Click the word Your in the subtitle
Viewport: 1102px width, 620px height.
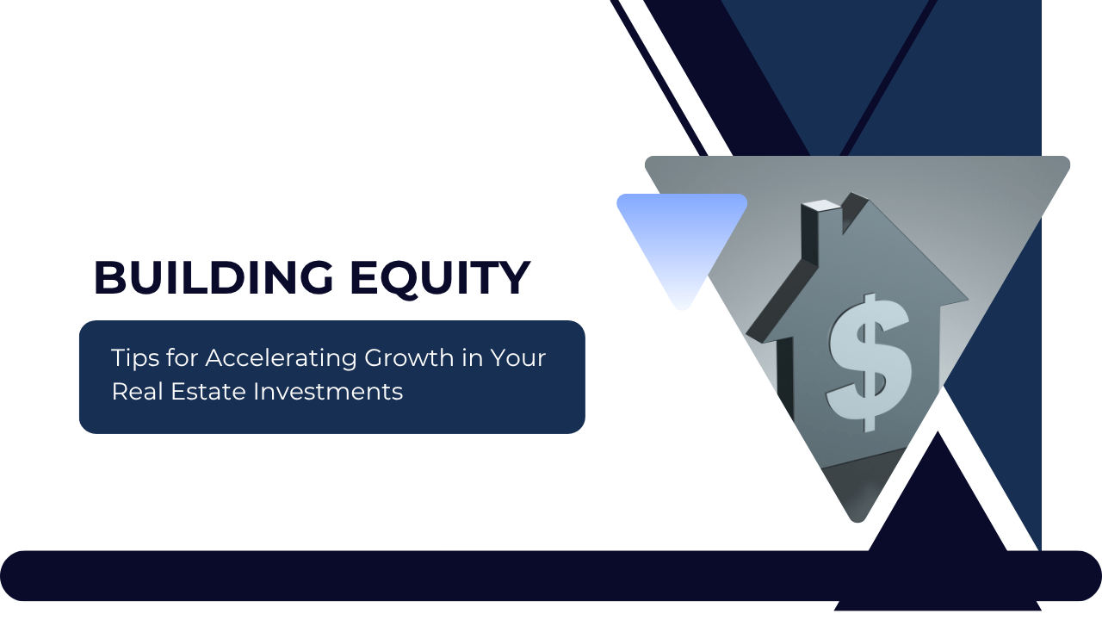click(x=518, y=358)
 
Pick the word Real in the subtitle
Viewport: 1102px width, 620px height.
click(x=133, y=392)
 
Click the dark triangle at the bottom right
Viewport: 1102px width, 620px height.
click(x=938, y=534)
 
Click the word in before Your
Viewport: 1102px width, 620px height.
click(x=472, y=358)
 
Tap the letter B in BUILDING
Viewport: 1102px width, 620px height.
click(x=108, y=278)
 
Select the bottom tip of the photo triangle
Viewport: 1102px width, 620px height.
click(x=857, y=517)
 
